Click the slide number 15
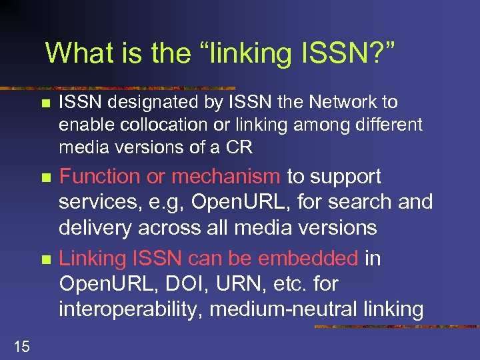(21, 345)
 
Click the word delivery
(95, 228)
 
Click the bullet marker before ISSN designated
(45, 103)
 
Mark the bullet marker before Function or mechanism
(45, 178)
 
